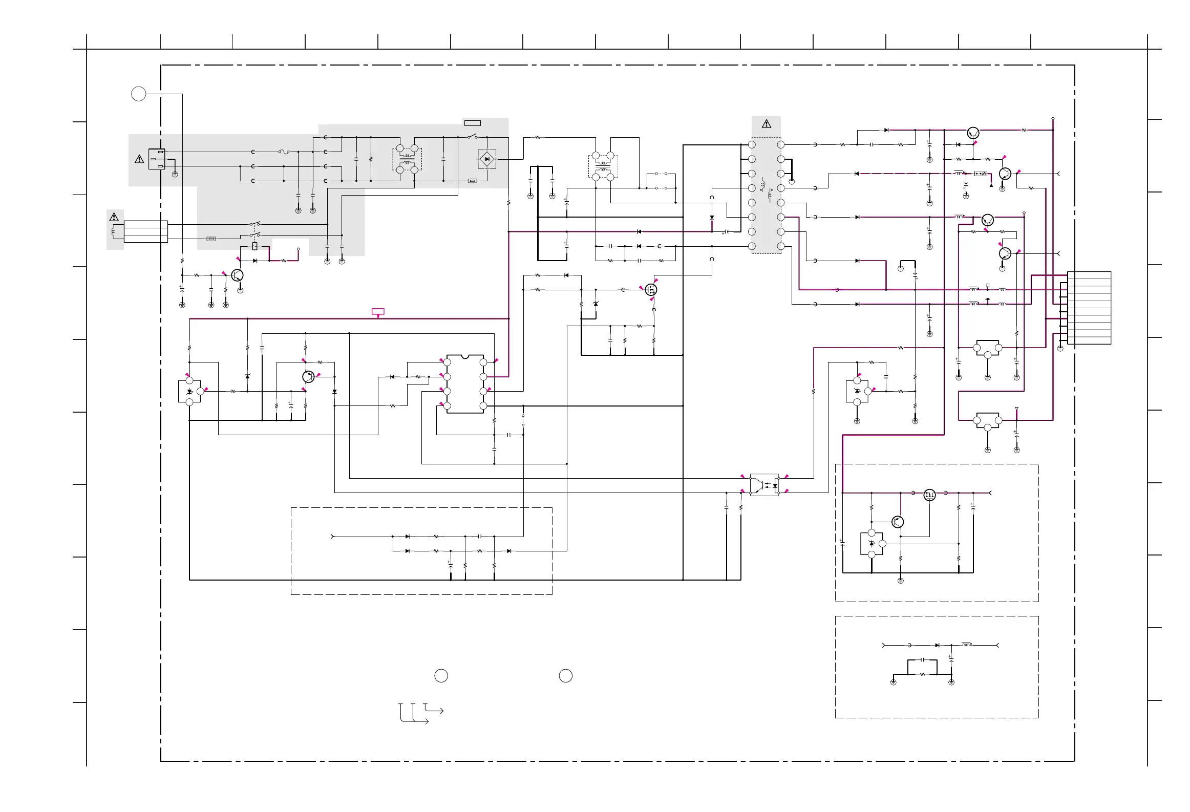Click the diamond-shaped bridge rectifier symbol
point(486,159)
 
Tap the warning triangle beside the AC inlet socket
point(139,159)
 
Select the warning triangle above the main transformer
point(766,124)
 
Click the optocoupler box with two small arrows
point(764,484)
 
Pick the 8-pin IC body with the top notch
point(465,383)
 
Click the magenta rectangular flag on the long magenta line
point(378,311)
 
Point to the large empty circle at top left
point(139,94)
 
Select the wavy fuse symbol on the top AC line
point(284,152)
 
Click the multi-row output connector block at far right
point(1089,308)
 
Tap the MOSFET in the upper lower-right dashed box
point(929,495)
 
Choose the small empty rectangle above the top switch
point(472,123)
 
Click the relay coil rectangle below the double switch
point(255,246)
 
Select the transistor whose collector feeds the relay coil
point(237,275)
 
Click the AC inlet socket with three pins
point(157,159)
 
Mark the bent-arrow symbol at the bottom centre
point(420,713)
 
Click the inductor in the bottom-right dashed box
point(966,644)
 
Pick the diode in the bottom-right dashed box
point(937,645)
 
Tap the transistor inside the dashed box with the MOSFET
point(897,522)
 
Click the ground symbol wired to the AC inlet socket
point(175,175)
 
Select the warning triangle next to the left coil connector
point(114,217)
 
